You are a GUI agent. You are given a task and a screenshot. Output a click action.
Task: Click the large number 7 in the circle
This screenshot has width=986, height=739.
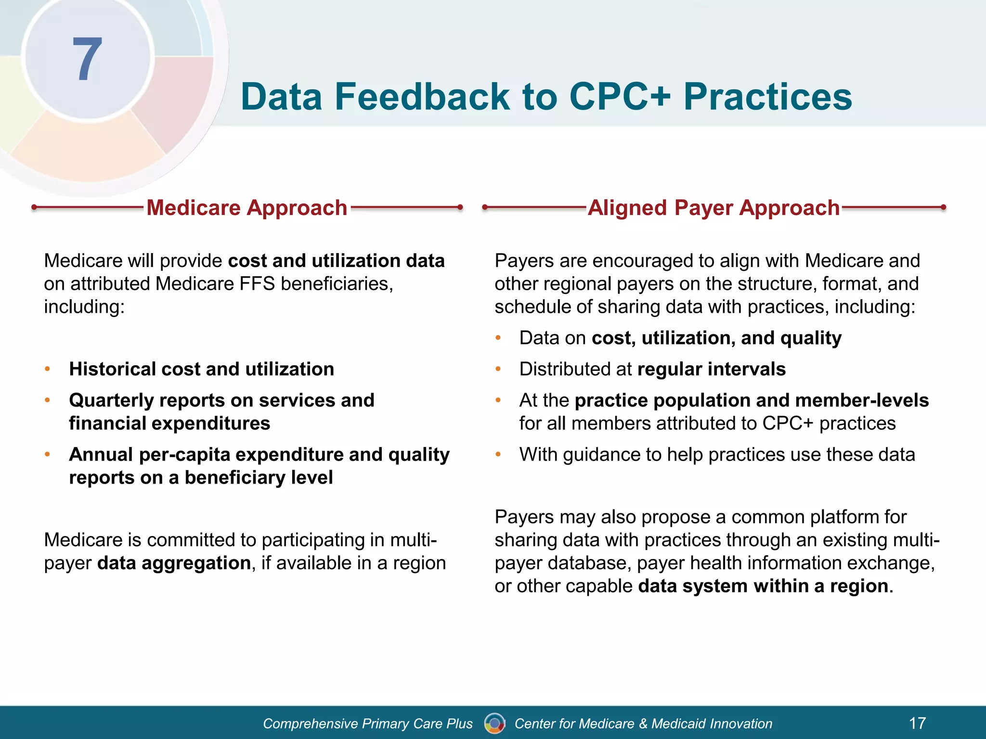(x=87, y=60)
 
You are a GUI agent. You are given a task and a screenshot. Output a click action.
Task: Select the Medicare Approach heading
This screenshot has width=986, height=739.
(x=246, y=208)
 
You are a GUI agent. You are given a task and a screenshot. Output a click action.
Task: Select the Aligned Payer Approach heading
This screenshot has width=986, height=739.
(x=714, y=208)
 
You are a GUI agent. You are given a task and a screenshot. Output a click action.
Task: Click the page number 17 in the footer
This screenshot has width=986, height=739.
(x=917, y=723)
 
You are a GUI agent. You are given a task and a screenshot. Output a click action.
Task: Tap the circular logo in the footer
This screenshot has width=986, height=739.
(x=494, y=723)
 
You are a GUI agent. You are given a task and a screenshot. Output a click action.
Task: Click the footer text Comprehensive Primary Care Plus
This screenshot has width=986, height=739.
(x=368, y=724)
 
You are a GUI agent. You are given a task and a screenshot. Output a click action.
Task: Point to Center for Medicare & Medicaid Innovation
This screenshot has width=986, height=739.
(x=643, y=724)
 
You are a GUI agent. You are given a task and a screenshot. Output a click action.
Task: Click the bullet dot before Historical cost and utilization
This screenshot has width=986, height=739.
(x=47, y=369)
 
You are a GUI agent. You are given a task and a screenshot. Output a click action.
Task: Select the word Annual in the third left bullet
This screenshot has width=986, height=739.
(x=101, y=455)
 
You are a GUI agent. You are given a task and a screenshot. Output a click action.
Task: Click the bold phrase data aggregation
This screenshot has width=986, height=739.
(x=174, y=563)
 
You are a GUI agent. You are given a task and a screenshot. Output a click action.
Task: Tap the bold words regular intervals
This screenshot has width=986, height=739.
(x=711, y=369)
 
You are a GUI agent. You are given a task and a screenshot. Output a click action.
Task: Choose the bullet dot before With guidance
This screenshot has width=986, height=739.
(x=498, y=454)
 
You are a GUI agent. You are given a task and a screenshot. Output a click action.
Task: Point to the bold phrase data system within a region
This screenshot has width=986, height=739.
(x=763, y=586)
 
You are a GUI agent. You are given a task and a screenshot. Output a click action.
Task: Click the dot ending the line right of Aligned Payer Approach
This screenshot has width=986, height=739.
(x=943, y=207)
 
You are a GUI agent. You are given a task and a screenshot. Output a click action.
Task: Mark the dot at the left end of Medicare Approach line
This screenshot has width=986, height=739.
(x=34, y=207)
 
